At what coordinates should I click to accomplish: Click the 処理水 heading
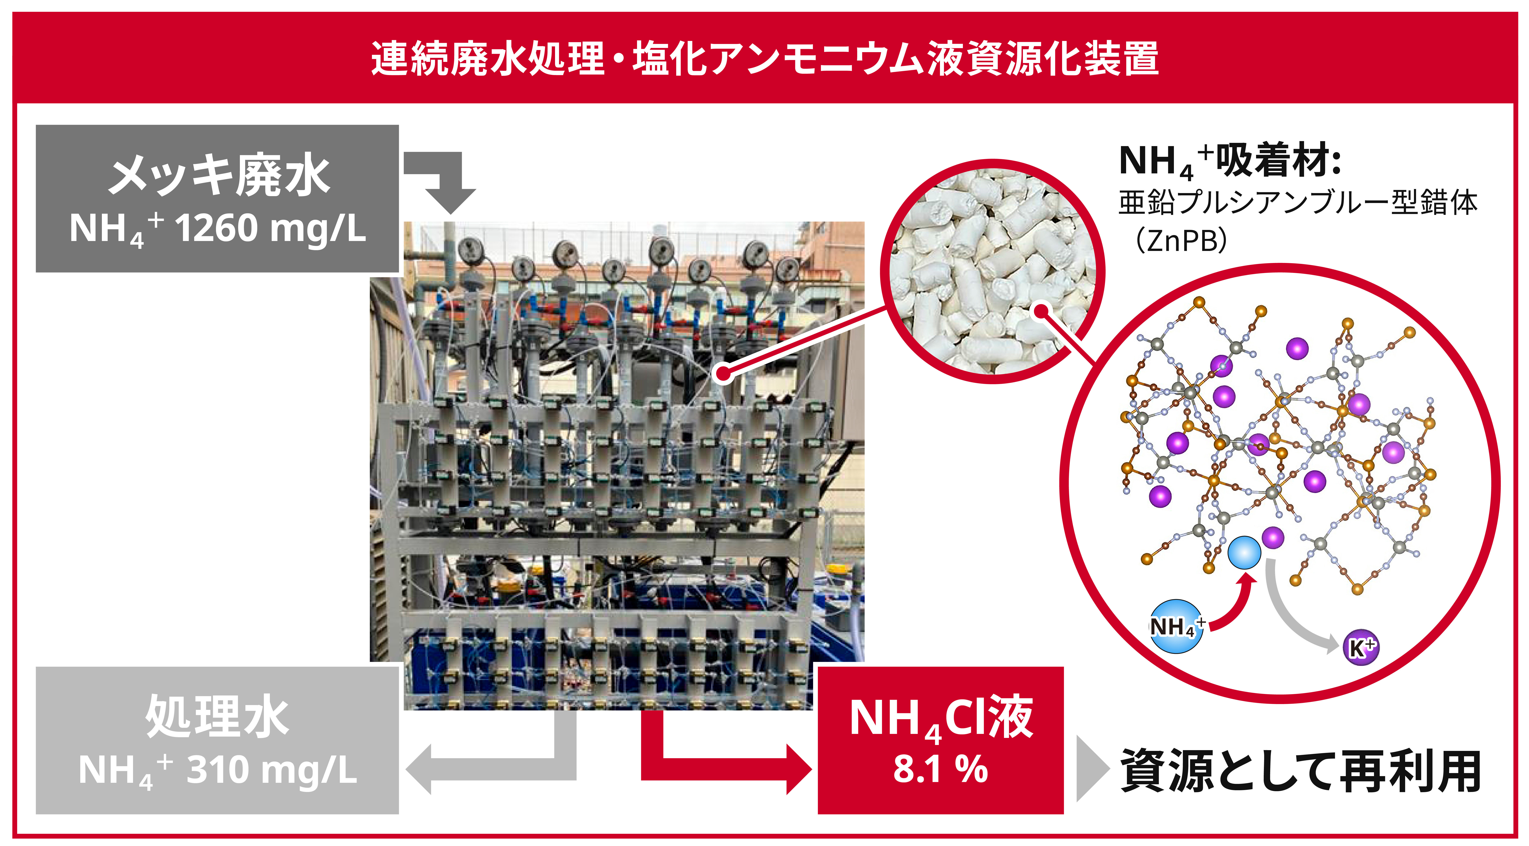(x=217, y=717)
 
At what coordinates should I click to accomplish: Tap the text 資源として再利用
(x=1300, y=771)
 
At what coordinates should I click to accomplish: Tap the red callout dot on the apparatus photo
(x=722, y=374)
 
